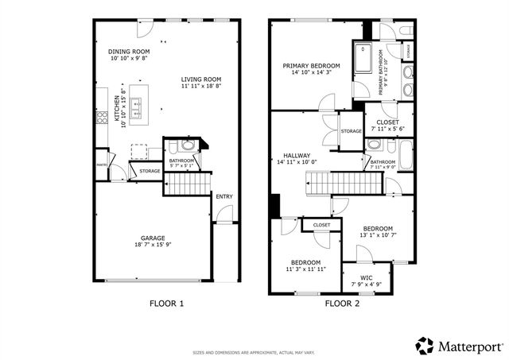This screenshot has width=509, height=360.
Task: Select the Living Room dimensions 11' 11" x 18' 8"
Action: (200, 86)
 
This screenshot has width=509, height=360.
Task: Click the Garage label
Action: (153, 238)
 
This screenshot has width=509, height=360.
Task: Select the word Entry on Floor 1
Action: (223, 196)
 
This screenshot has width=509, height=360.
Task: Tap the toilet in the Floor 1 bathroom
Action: (186, 146)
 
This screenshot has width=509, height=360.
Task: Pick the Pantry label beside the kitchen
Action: (102, 165)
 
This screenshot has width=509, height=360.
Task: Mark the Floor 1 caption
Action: (167, 304)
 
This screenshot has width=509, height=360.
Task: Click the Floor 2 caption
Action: (343, 304)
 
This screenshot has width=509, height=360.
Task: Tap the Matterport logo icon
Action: (425, 345)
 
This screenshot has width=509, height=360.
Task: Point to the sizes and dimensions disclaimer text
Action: (254, 353)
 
